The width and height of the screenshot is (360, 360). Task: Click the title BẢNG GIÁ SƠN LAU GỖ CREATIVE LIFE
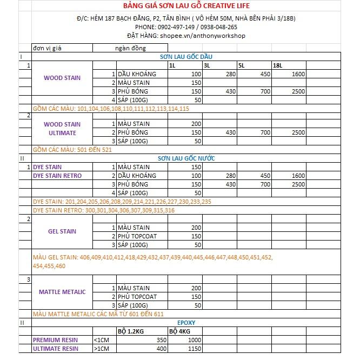point(180,5)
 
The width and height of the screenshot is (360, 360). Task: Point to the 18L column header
point(278,65)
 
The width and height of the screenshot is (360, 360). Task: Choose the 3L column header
point(207,65)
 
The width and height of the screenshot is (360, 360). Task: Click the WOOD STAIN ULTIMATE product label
point(62,129)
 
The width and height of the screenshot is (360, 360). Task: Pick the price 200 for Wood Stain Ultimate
point(196,124)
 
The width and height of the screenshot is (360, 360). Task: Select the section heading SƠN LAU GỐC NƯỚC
point(186,158)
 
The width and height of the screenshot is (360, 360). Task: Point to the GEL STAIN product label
point(62,231)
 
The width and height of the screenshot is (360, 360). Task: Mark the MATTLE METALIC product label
point(62,292)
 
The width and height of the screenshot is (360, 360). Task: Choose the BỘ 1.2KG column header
point(132,331)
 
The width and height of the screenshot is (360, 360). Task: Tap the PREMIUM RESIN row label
point(56,340)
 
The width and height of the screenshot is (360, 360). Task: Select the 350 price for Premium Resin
point(160,340)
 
